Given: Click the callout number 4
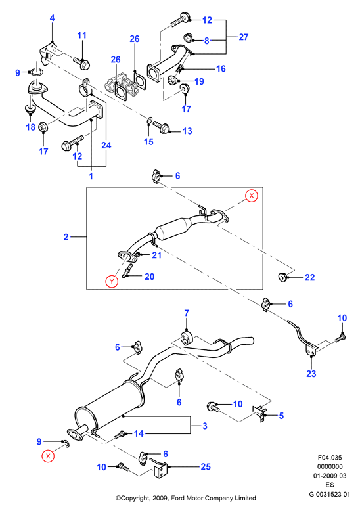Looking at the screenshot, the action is point(52,18).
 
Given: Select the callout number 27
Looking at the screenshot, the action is point(244,37).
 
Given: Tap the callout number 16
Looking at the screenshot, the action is point(221,68).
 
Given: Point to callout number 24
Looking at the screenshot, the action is point(106,145).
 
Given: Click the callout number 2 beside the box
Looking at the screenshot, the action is point(66,237).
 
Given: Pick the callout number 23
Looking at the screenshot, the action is point(311,374).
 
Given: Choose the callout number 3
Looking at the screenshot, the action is point(205,426).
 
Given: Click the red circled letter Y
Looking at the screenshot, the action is point(112,281).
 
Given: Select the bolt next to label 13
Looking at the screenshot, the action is point(161,127).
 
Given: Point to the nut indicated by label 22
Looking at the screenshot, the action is point(281,277).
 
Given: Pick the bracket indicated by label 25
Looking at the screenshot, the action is point(159,468).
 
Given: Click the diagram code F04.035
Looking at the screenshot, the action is point(330,458).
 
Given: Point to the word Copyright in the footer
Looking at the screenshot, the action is point(135,498).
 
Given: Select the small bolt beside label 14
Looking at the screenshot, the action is point(120,435).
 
